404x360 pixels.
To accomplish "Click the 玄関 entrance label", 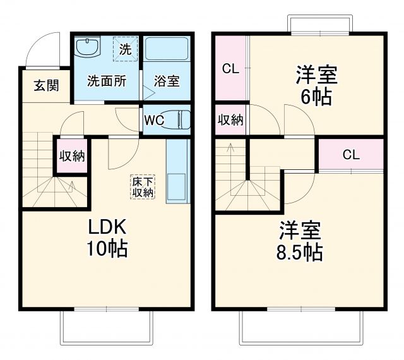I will pyautogui.click(x=47, y=85).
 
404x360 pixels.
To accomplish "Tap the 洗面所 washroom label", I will pyautogui.click(x=105, y=81).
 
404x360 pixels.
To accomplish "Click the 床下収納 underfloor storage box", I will pyautogui.click(x=142, y=186).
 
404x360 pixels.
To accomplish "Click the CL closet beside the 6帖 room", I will pyautogui.click(x=230, y=69).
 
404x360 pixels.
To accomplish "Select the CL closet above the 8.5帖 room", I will pyautogui.click(x=351, y=154).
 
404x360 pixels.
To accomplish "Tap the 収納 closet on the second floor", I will pyautogui.click(x=231, y=120).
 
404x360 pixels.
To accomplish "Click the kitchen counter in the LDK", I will pyautogui.click(x=177, y=171).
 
